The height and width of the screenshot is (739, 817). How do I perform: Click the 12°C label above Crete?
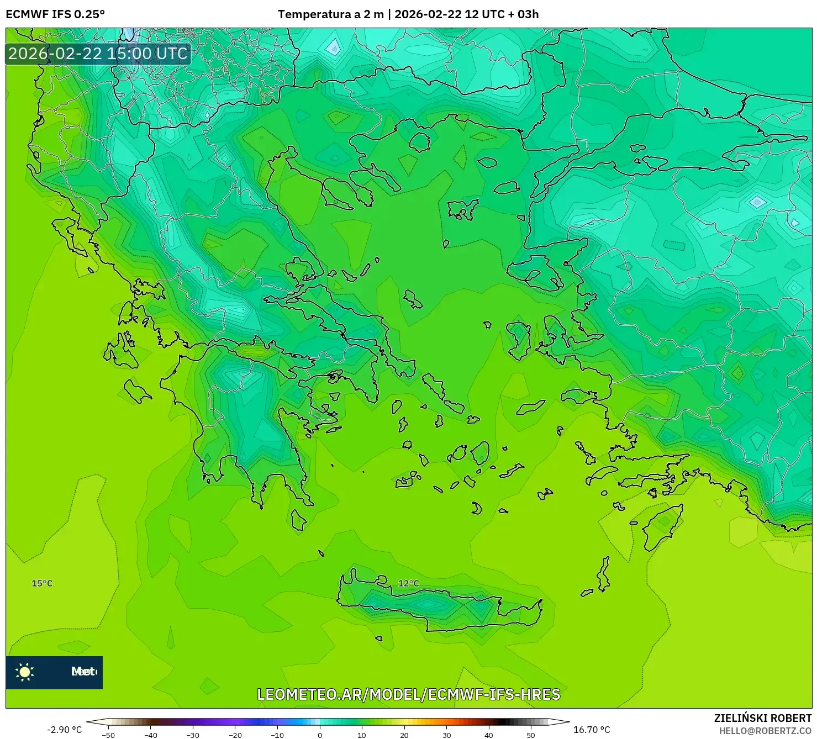408,583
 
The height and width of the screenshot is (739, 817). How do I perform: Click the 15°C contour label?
42,583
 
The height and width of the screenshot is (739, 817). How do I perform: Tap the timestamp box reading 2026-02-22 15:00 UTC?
98,54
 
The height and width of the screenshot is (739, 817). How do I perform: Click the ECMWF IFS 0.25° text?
55,14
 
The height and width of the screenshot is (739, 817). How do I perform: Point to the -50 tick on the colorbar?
108,735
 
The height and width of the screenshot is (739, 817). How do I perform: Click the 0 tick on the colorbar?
319,735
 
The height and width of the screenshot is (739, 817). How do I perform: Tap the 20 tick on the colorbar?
404,735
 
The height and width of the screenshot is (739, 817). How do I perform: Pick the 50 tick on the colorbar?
530,735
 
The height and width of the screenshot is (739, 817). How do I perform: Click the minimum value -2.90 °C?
64,730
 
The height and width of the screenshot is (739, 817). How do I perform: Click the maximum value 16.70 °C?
592,730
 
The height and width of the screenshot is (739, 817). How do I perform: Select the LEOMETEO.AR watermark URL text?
409,694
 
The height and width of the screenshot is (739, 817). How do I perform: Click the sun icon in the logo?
25,672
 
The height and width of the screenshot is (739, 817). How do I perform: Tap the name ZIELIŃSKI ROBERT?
762,718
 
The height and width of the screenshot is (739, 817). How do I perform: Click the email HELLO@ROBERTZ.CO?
765,731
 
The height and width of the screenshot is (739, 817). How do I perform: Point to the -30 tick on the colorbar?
193,735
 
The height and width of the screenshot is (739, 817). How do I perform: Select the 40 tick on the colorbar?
488,735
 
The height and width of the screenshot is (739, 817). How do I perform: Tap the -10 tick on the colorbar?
277,735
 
